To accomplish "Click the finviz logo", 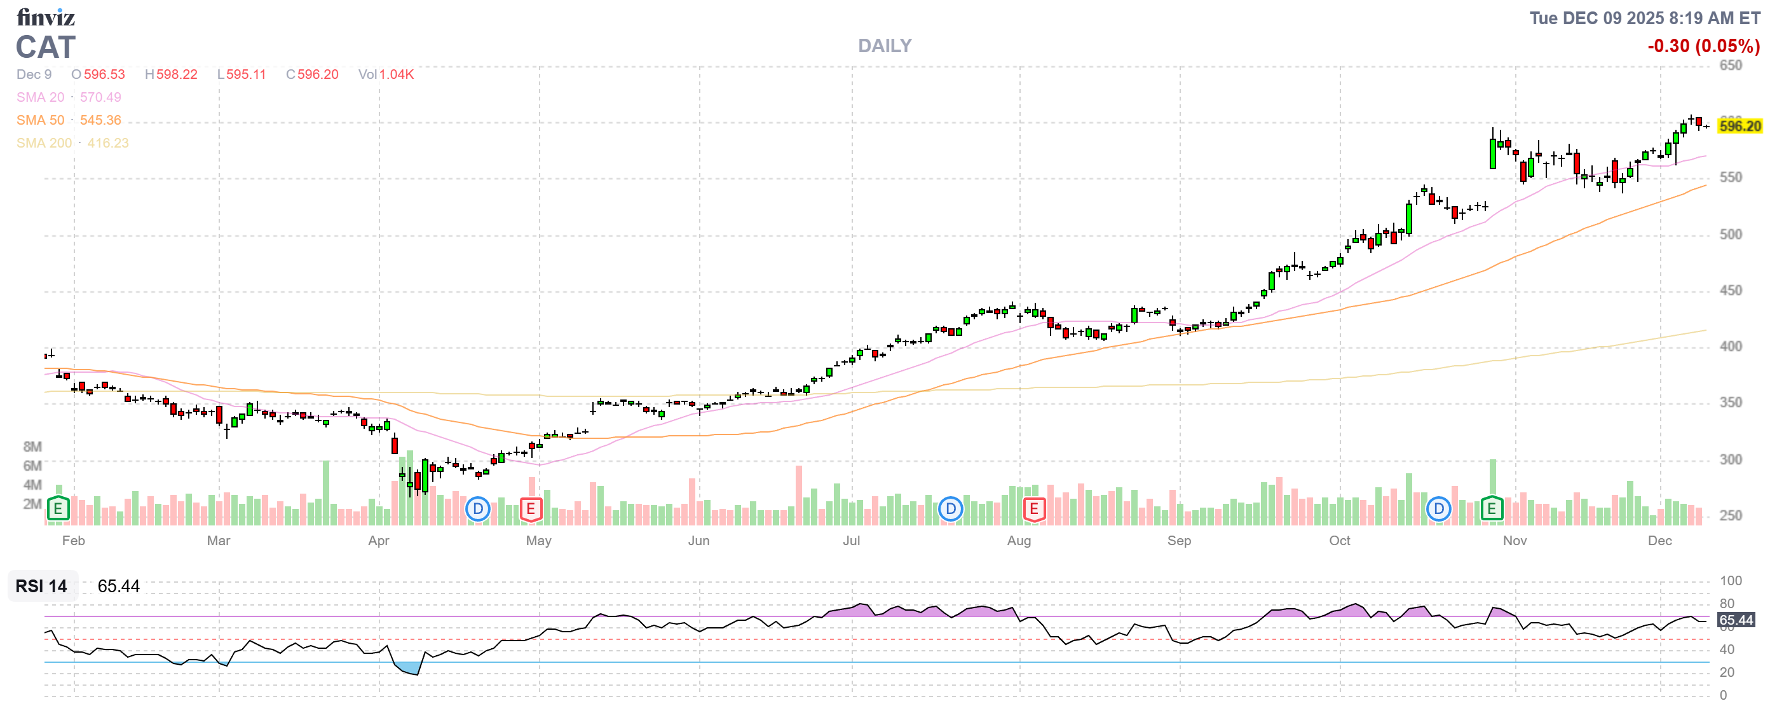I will coord(46,17).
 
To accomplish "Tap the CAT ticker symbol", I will coord(46,48).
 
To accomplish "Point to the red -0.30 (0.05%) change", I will coord(1703,46).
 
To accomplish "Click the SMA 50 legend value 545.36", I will coord(100,120).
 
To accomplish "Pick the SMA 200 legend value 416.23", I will coord(107,143).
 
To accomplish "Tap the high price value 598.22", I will coord(177,74).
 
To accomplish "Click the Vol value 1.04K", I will coord(396,74).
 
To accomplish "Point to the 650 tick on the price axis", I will coord(1730,66).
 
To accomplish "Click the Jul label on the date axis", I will coord(851,541).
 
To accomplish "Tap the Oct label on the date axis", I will coord(1340,541).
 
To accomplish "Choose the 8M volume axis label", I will coord(32,447).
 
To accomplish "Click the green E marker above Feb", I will coord(58,510).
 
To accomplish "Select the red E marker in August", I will coord(1033,510).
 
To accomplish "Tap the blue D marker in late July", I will coord(951,510).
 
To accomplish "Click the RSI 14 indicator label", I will coord(41,586).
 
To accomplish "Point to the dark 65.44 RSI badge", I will coord(1736,620).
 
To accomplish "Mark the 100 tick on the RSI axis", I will coord(1731,580).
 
